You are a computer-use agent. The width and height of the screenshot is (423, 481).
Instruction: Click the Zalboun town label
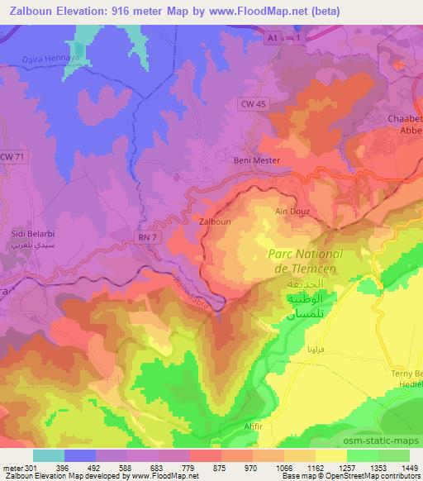pos(214,221)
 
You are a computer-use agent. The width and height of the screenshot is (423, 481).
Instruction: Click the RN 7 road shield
pos(145,236)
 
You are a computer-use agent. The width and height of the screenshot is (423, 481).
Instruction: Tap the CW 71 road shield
pos(9,156)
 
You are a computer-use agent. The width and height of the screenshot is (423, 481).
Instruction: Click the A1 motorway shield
pos(272,38)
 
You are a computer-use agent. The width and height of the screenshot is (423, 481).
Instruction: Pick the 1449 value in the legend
pos(409,467)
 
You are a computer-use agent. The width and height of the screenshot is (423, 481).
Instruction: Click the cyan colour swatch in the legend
pos(49,455)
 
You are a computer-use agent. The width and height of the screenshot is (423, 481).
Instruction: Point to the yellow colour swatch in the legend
pos(330,455)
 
